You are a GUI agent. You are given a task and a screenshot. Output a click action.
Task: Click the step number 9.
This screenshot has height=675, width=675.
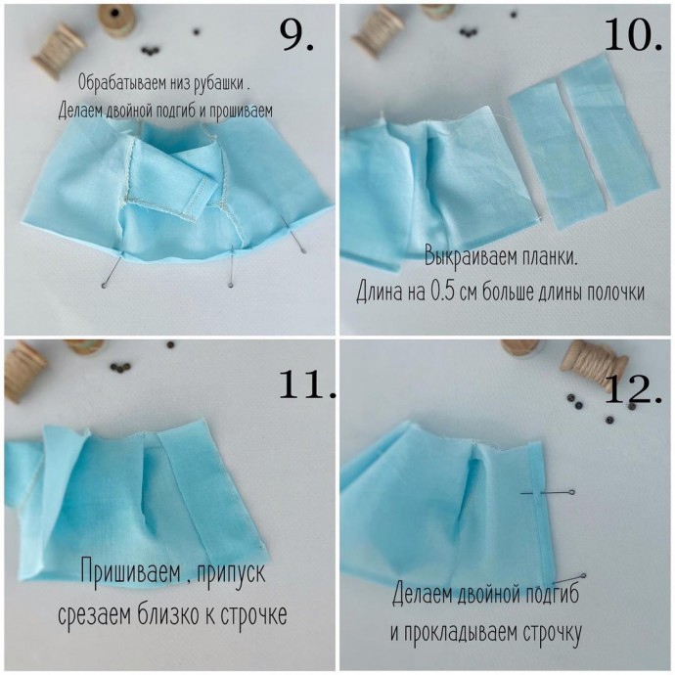coord(296,36)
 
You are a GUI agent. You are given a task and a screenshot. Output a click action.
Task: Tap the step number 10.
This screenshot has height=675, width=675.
coord(633,35)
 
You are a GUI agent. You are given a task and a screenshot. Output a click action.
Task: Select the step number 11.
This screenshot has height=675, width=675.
coord(306,384)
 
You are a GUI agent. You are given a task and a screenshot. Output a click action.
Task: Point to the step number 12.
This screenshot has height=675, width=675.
coord(633,388)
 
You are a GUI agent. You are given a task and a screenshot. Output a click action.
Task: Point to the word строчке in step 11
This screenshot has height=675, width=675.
coord(253,614)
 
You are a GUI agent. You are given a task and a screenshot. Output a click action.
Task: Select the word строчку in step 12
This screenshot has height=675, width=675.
coord(553,632)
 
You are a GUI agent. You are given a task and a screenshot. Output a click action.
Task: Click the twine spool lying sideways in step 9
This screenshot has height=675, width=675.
coord(58,50)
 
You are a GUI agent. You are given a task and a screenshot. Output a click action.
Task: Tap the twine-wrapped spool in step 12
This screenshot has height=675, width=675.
coord(594,364)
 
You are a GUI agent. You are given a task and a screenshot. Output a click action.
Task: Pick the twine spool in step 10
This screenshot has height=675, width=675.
coord(377,31)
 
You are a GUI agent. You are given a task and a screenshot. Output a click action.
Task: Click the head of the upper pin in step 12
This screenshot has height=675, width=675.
coord(571,492)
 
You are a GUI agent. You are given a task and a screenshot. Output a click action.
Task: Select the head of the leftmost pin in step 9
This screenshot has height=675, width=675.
coord(104,286)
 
